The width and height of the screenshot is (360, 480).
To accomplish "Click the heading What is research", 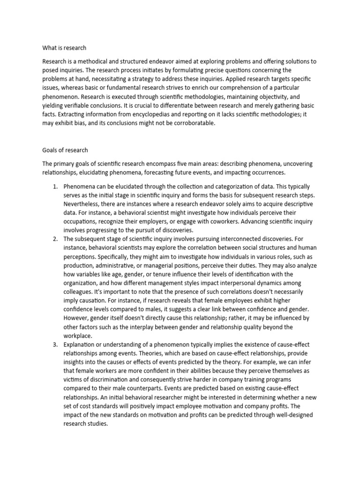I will pyautogui.click(x=64, y=48).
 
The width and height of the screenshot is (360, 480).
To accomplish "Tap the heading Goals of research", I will pyautogui.click(x=65, y=150).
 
